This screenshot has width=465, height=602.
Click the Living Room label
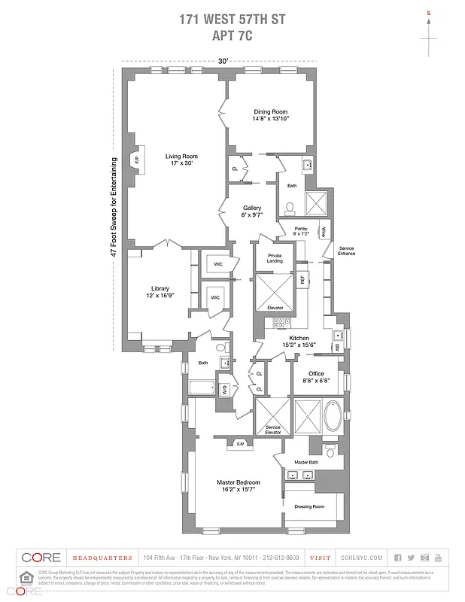click(181, 157)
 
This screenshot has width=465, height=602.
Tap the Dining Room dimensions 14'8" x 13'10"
click(272, 119)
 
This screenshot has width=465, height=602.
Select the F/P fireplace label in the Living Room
click(137, 160)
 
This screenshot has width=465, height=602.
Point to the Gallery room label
click(252, 208)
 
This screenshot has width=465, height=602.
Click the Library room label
click(160, 288)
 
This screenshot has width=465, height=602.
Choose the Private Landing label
click(275, 259)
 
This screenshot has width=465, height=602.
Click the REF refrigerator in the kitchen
click(302, 279)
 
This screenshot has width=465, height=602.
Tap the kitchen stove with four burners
click(281, 323)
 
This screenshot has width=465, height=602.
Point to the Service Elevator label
click(272, 430)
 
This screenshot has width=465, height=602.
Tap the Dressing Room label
click(308, 506)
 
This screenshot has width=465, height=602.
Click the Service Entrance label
click(346, 251)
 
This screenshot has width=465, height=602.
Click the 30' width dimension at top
click(223, 61)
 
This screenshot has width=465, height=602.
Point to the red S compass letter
click(429, 14)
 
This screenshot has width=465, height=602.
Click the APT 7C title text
click(232, 34)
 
